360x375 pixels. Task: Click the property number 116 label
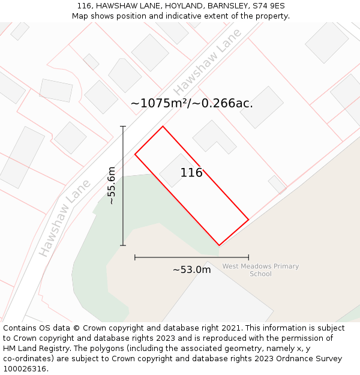[191, 173]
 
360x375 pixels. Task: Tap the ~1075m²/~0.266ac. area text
[191, 103]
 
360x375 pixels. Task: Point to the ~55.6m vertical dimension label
[111, 185]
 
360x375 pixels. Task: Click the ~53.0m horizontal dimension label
[191, 270]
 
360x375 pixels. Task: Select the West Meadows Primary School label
[260, 270]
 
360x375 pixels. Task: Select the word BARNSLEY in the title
[225, 6]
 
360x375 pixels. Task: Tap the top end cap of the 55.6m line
[123, 127]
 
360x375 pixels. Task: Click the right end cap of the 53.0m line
[248, 257]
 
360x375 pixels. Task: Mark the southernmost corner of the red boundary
[219, 245]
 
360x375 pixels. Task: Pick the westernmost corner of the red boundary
[135, 154]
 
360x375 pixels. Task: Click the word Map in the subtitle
[80, 16]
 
